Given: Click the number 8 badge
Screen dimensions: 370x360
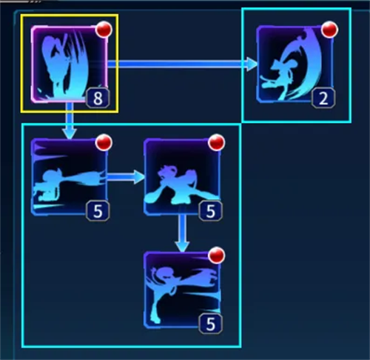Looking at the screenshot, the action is coord(98,98).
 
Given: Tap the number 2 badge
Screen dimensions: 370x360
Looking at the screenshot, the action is coord(323,98).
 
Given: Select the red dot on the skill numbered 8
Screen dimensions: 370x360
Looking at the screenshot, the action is coord(104,30).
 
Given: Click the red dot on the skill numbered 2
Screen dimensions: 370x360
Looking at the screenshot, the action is coord(329,30).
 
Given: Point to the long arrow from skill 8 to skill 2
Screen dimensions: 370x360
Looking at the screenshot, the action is coord(183,64).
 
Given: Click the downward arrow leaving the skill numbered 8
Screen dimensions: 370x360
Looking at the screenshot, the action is coord(70,121).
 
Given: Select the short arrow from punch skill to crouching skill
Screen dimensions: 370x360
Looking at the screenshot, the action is coord(126,177).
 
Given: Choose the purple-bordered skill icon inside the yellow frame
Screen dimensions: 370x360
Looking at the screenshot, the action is coord(70,64).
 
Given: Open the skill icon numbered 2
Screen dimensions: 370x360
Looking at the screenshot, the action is coord(295,64).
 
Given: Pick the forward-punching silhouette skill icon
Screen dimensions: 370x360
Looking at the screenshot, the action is coord(70,177).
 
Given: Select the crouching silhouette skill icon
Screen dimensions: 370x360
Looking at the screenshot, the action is coord(182,177).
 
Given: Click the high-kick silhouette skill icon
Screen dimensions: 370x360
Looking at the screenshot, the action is coord(182,290).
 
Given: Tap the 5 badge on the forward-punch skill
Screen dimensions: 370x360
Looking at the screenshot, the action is coord(98,211).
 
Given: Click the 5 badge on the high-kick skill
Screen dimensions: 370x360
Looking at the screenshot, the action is coord(210,324).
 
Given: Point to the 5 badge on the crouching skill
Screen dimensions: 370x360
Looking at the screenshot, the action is coord(210,211).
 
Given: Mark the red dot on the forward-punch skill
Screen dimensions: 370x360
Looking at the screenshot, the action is coord(104,142).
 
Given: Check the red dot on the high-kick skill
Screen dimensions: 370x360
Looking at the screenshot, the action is coord(217,256).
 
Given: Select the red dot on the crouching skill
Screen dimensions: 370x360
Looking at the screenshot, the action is coord(217,142).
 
